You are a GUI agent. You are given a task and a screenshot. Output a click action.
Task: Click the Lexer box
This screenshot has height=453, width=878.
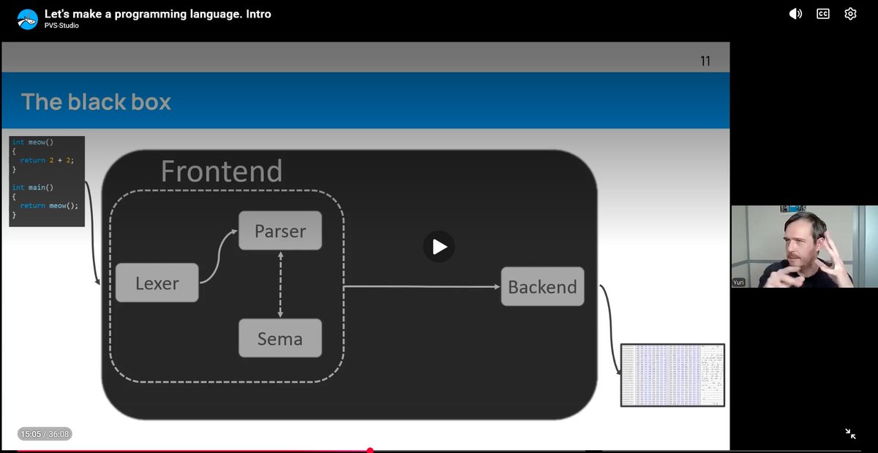(157, 283)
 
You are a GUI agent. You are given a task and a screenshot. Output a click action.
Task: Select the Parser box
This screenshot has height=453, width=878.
(280, 231)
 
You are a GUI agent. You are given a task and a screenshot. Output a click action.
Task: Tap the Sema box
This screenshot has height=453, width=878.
(280, 338)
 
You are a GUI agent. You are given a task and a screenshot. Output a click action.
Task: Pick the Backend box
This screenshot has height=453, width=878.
(542, 286)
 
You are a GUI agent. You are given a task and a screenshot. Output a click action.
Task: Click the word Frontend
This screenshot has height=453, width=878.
(221, 172)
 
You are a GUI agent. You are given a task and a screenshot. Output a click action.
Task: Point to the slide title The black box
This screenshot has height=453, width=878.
(96, 102)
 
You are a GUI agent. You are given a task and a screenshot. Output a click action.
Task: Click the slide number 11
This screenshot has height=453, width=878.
(705, 61)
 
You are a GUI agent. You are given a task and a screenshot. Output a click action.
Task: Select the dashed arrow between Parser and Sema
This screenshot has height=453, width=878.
(280, 284)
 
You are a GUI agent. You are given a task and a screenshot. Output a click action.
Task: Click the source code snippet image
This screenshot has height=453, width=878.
(47, 180)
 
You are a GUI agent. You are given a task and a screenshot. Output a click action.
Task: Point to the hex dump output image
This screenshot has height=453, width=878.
(672, 375)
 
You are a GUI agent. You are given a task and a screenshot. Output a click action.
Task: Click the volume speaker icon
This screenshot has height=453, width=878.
(795, 14)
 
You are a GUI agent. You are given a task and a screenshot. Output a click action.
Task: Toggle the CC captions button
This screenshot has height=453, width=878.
(823, 14)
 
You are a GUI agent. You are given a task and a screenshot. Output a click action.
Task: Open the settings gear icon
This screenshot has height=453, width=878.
(850, 14)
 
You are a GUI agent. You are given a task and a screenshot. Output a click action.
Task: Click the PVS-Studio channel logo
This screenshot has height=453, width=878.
(28, 19)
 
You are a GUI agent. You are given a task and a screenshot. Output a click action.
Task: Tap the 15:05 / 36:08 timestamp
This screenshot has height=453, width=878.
(45, 434)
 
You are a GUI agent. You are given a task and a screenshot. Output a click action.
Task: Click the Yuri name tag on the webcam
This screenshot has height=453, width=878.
(739, 282)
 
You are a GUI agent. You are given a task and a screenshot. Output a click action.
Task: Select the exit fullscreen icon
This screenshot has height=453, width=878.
(850, 433)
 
